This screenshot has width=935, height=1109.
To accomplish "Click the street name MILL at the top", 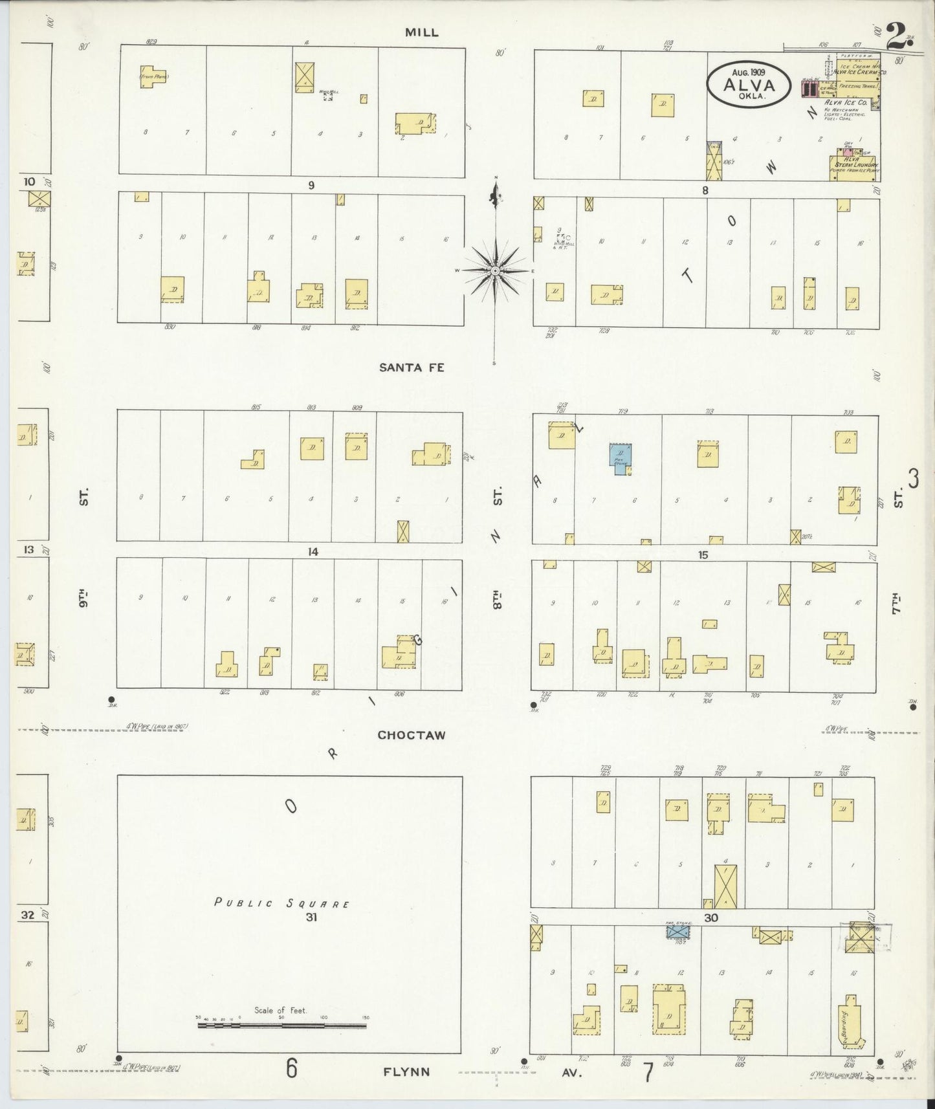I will point(422,32).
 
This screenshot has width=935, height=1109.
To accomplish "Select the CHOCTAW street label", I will point(412,736).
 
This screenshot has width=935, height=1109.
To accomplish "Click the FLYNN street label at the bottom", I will point(406,1071).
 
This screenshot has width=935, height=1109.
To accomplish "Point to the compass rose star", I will point(495,270).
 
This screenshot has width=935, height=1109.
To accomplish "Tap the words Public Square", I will point(282,903).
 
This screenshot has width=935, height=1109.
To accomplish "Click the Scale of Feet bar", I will point(281,1026).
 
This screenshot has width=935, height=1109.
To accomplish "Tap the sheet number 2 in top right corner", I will point(896,36).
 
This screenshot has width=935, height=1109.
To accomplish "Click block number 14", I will point(313,551).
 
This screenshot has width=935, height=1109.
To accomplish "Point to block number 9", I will point(311,186).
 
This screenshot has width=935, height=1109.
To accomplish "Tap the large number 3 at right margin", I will point(913,479).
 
